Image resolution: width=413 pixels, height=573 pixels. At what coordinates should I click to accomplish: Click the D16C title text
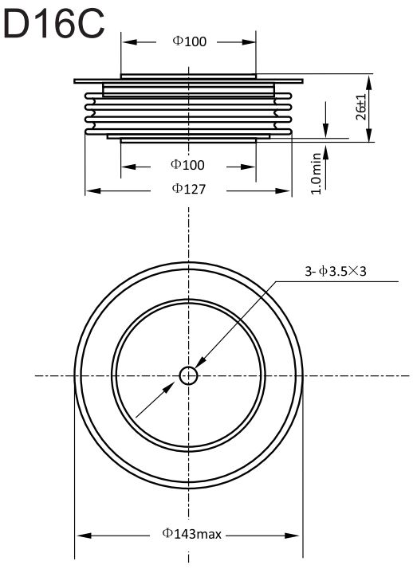point(54,24)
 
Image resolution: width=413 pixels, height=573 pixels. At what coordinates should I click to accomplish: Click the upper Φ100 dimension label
point(189,41)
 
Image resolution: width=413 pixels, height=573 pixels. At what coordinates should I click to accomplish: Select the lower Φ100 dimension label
point(187,165)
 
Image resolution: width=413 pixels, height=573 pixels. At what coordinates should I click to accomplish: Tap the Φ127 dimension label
point(189,189)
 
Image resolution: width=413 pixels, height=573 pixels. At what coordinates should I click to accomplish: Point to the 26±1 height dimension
point(360,107)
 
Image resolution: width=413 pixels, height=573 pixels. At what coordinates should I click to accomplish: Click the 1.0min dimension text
point(316,174)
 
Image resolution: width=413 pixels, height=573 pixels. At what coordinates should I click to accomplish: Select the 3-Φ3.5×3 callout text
point(336,271)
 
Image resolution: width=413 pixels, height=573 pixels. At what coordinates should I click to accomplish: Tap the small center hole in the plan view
point(188,375)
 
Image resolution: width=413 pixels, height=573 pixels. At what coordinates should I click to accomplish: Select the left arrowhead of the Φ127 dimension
point(93,190)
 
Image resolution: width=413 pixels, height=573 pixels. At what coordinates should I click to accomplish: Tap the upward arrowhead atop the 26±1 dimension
point(369,84)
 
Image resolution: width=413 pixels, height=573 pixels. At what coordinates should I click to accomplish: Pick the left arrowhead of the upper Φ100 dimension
point(129,42)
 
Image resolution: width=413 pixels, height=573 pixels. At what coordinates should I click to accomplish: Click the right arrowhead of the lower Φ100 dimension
point(248,167)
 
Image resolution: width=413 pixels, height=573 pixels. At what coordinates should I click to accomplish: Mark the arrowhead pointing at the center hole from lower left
point(169,388)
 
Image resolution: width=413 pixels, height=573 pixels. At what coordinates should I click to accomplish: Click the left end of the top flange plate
point(75,81)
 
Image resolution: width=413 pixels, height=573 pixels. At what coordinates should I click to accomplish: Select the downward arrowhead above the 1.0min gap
point(325,131)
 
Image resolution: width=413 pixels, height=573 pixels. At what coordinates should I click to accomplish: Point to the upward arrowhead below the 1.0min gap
point(325,150)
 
